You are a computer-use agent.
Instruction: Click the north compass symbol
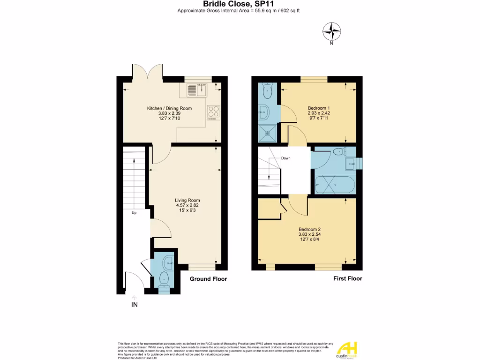tap(331, 32)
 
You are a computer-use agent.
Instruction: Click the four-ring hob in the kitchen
tap(214, 112)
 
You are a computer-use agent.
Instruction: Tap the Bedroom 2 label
tap(309, 229)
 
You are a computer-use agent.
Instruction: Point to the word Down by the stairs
tap(286, 158)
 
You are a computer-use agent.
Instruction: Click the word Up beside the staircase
tap(134, 213)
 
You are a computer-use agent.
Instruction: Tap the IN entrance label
tap(134, 305)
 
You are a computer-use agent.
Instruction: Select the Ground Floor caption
tap(208, 279)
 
